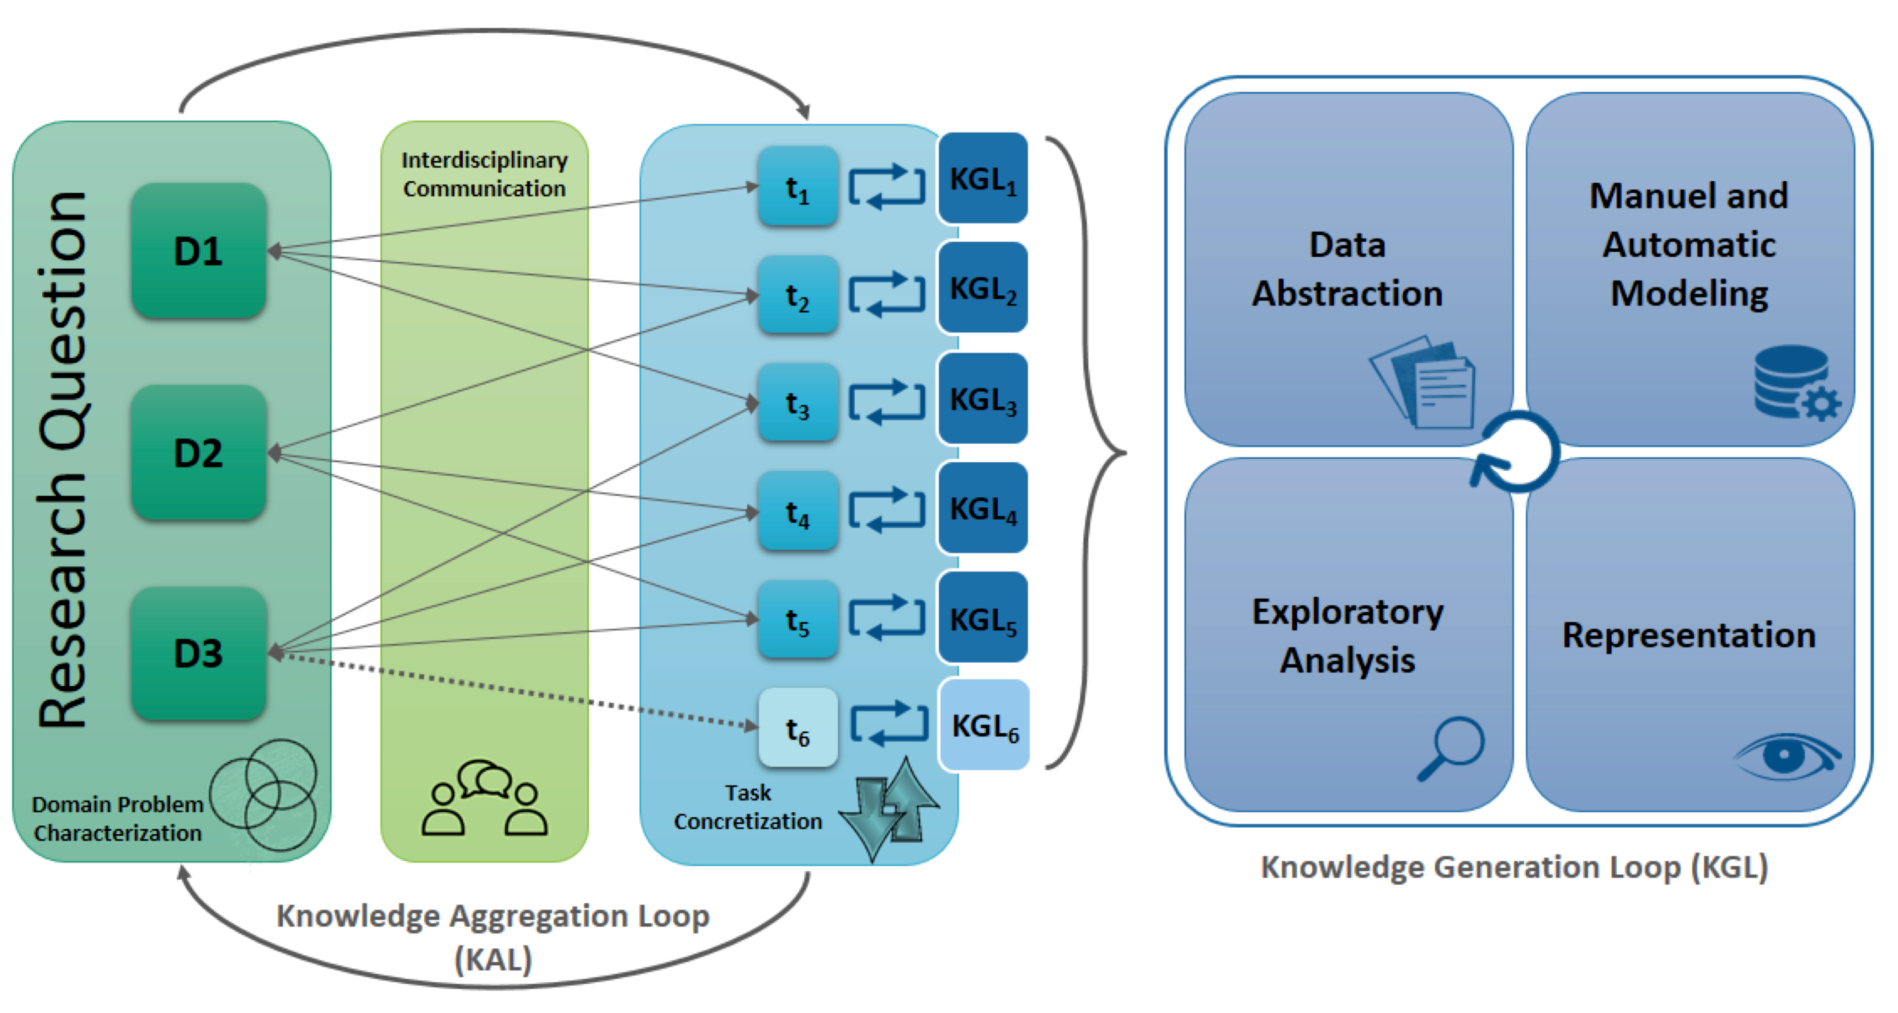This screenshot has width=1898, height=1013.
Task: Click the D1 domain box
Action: click(198, 251)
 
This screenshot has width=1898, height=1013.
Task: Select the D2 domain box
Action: click(198, 452)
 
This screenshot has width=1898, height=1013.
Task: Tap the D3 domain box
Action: click(198, 653)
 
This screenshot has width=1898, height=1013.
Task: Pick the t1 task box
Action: click(798, 186)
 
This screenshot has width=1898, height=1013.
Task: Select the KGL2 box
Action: click(983, 287)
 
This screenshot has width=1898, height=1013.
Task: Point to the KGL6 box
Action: click(984, 726)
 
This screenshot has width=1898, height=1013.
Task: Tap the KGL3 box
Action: click(983, 398)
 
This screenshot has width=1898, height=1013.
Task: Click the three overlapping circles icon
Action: click(264, 795)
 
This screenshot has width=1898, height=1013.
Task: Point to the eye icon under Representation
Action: click(1787, 756)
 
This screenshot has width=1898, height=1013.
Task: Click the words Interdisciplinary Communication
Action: click(485, 174)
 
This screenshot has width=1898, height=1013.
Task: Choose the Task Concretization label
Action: click(747, 807)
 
